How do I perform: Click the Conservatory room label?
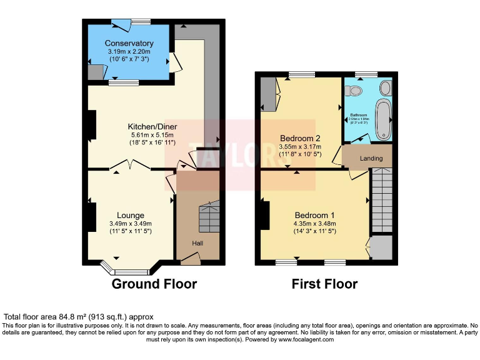point(129,43)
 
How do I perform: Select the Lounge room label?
point(131,216)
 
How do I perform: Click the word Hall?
point(196,243)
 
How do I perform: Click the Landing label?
point(371,159)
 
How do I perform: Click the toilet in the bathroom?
point(356,91)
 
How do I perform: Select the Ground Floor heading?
point(154,284)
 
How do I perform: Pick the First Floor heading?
point(324,284)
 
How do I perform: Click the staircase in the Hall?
point(209,217)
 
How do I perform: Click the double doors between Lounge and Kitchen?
point(130,166)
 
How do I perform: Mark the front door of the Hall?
point(191,256)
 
